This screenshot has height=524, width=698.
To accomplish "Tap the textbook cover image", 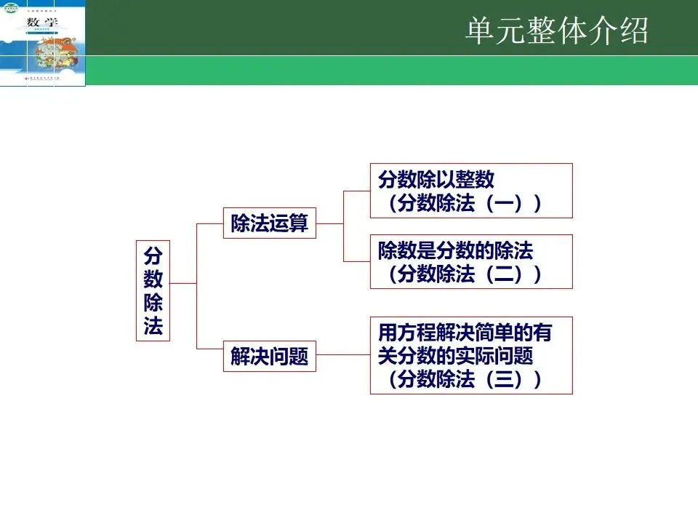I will coord(43,43).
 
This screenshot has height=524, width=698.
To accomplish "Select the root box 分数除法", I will coord(153,290).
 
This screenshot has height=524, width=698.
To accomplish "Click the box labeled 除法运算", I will coord(269,223).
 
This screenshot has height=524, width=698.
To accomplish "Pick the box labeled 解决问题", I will coord(269,357).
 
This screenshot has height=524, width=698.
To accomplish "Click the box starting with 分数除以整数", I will coord(470,191).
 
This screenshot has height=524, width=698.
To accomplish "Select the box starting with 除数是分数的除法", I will coord(470,261).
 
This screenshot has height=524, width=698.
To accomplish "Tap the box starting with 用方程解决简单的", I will coord(470,355).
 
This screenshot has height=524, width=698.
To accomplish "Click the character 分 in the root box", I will coord(153,256).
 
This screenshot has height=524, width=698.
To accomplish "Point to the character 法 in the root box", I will coord(153,325).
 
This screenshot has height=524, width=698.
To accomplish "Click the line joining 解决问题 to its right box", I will coord(342,355).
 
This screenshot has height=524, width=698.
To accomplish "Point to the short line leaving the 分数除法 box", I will coord(182,282).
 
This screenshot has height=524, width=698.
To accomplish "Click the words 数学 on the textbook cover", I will coord(42,23).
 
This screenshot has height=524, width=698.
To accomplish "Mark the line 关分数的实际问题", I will coord(456,356).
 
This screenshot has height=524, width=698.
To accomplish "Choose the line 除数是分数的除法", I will coord(456,251).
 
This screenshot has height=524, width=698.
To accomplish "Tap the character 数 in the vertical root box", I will coord(153,279).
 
